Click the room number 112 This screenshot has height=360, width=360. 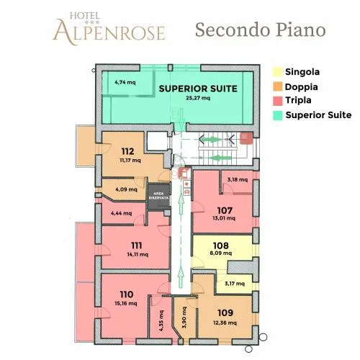[x=127, y=151]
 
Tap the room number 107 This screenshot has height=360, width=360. [x=225, y=210]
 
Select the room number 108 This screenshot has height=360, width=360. [x=221, y=246]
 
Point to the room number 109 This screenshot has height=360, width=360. [x=225, y=312]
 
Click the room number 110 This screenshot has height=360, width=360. [x=127, y=294]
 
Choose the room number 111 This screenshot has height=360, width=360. [x=137, y=246]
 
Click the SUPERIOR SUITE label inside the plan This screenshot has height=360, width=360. [x=198, y=89]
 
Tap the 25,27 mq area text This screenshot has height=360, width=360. [x=198, y=98]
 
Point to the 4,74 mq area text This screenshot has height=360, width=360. [x=125, y=82]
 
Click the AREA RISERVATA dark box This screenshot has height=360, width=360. [x=158, y=196]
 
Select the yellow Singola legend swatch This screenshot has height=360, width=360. [x=277, y=72]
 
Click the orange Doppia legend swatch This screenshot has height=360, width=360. [x=277, y=86]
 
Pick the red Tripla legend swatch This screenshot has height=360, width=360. [x=277, y=101]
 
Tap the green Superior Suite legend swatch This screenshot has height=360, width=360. [x=277, y=115]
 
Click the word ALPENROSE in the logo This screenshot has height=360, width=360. [x=109, y=32]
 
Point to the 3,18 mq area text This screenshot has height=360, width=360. [x=238, y=179]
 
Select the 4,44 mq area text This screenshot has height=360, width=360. [x=122, y=213]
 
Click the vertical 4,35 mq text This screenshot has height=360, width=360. [x=161, y=320]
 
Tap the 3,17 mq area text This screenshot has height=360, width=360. [x=235, y=284]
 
